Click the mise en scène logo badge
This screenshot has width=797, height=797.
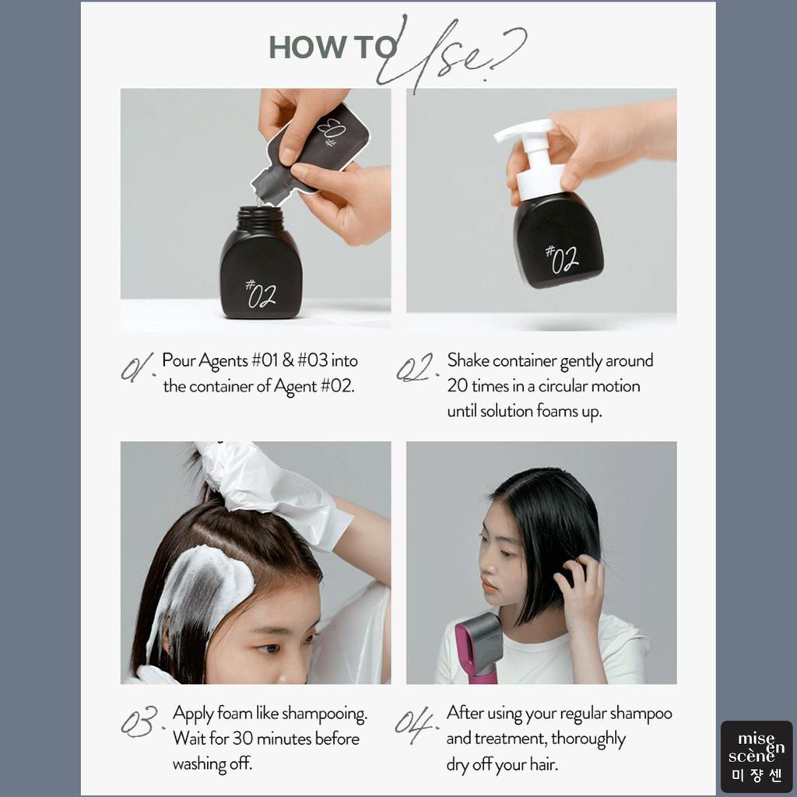click(x=757, y=756)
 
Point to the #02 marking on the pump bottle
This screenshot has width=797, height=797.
click(x=562, y=259)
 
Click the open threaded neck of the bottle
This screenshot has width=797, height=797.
click(x=260, y=219)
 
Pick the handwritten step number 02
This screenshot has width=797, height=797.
click(x=416, y=368)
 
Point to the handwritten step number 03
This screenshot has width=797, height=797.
click(x=141, y=721)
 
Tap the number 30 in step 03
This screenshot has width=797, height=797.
click(x=243, y=738)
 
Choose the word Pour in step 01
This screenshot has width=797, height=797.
click(x=178, y=360)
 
